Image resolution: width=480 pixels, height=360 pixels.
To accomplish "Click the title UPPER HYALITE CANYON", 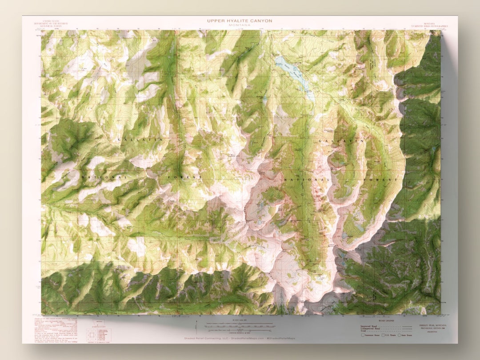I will click(240, 20).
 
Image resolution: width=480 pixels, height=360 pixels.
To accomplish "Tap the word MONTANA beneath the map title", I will click(240, 25).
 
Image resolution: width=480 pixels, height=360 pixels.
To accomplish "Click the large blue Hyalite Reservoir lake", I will click(293, 73).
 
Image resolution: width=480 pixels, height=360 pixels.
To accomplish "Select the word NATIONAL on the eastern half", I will click(307, 180).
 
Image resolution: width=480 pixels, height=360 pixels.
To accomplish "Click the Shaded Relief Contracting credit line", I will click(240, 339).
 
